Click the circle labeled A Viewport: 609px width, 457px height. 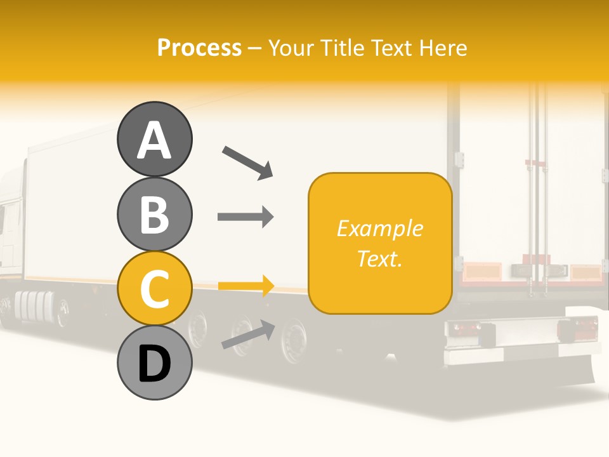(x=154, y=139)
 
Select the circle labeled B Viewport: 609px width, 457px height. (x=154, y=214)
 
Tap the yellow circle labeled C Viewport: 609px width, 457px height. (x=154, y=288)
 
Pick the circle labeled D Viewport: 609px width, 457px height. (x=154, y=363)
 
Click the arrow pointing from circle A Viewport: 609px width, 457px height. (x=247, y=162)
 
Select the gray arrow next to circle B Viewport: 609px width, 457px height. (x=246, y=216)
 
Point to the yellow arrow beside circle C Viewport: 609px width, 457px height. (x=246, y=286)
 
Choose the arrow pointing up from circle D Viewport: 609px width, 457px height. (x=248, y=335)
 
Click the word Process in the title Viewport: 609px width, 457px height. (x=199, y=48)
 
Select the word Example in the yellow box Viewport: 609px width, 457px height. (x=379, y=228)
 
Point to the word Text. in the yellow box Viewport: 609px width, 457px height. (x=379, y=258)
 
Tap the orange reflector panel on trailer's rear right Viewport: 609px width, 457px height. (x=585, y=272)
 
